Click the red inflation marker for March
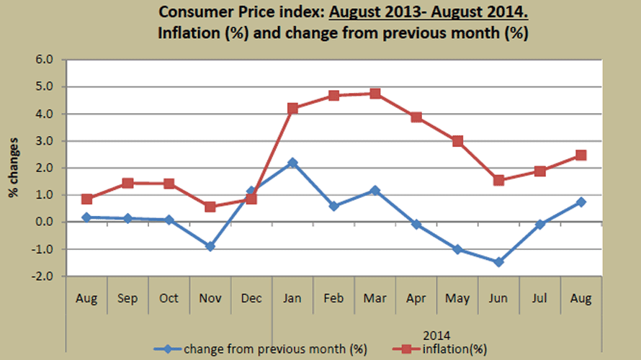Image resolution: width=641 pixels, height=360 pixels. [375, 94]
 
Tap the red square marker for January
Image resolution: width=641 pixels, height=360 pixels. [292, 109]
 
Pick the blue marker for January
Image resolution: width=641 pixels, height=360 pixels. [292, 163]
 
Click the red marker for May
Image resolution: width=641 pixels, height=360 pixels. [458, 141]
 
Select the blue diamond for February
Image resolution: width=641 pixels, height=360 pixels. [333, 206]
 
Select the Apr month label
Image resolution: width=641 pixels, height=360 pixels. [416, 299]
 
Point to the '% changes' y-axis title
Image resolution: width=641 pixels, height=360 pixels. [14, 168]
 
